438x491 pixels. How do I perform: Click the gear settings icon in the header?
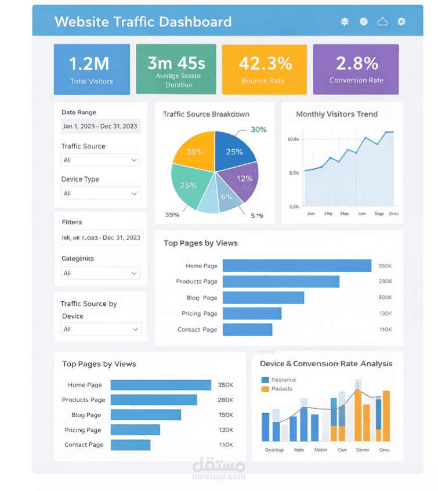coord(401,21)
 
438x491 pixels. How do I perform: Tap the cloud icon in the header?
coord(382,21)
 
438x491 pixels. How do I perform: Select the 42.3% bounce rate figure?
coord(265,63)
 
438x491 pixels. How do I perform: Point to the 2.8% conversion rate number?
coord(356,63)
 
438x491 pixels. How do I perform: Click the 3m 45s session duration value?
coord(176,62)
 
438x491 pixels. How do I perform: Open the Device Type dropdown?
coord(100,193)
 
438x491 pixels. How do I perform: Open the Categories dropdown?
coord(100,273)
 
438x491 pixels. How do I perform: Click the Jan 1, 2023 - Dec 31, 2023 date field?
coord(100,127)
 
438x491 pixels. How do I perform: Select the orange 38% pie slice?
coord(195,152)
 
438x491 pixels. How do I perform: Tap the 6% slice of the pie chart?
coord(227,197)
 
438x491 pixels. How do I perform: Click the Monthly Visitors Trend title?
coord(336,114)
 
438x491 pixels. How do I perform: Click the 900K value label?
coord(385,298)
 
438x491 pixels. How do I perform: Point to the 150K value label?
coord(225,415)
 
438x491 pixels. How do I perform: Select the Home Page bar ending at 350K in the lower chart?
coord(161,385)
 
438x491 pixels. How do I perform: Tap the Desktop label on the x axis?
coord(274,450)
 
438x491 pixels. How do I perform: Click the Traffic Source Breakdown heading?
coord(206,114)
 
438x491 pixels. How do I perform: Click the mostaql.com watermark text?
coord(219,476)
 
